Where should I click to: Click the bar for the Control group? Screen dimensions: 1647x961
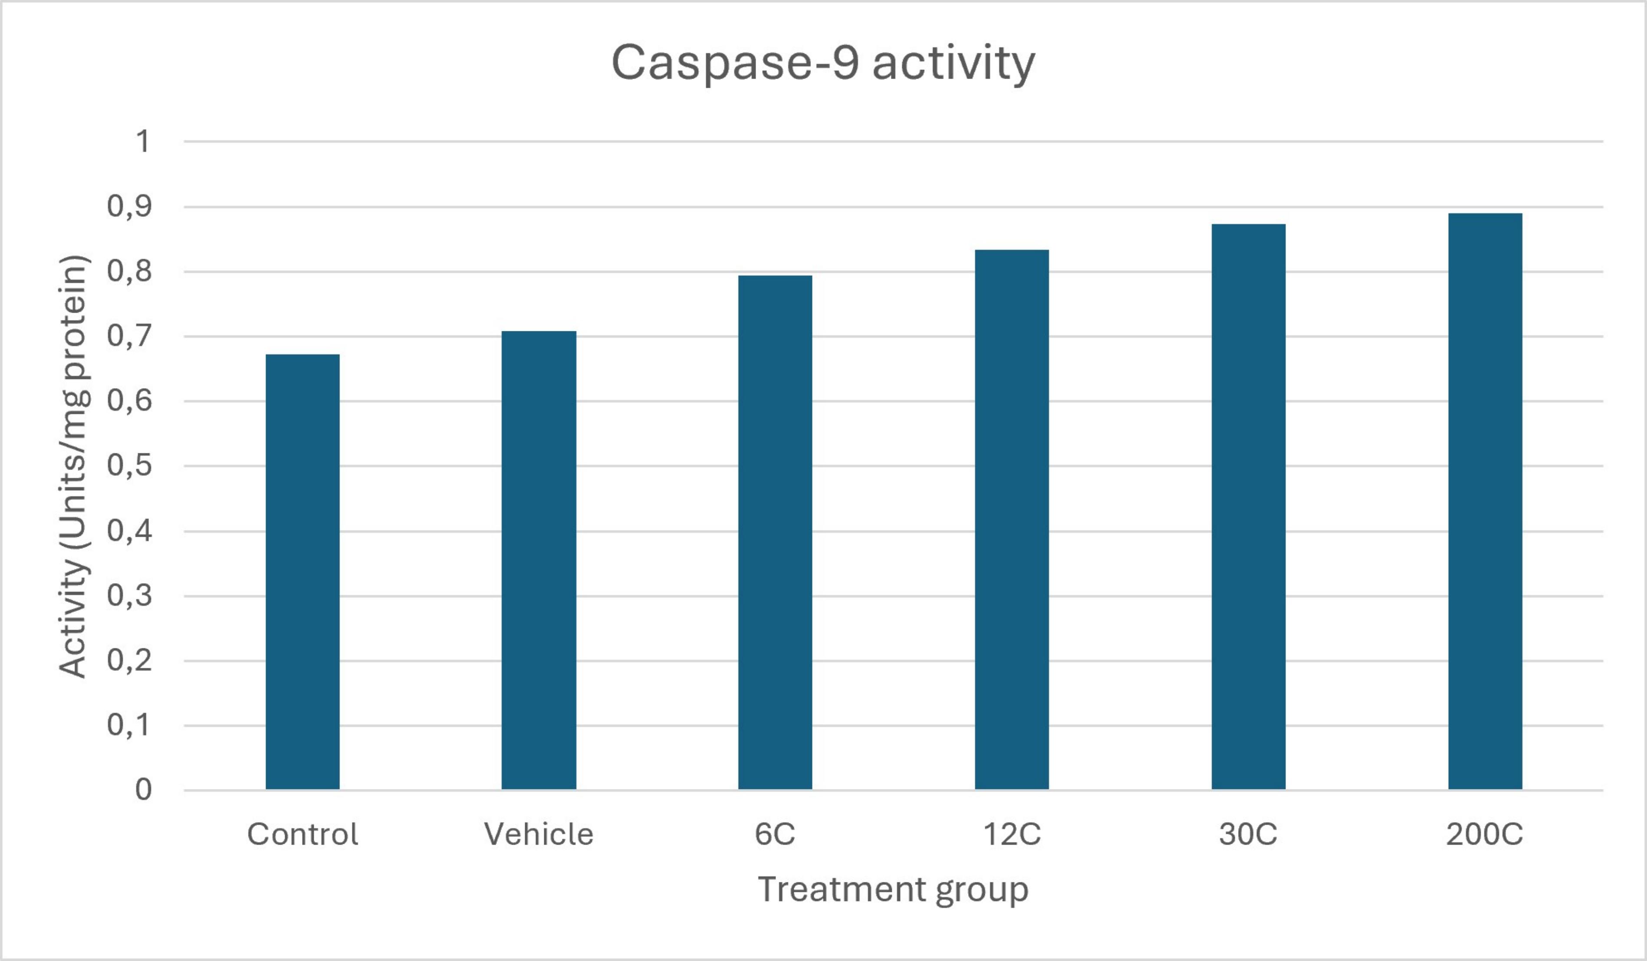302,572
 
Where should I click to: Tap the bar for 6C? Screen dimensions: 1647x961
775,533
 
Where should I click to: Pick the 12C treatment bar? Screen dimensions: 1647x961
1012,520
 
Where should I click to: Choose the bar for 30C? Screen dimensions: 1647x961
1248,507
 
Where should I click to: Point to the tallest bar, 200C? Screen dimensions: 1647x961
1485,502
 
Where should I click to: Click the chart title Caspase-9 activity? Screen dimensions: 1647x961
823,63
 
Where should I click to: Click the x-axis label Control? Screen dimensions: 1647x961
302,834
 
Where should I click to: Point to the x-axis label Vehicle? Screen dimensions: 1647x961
539,834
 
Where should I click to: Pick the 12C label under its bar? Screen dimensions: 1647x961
1012,834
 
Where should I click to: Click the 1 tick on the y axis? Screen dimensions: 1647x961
142,141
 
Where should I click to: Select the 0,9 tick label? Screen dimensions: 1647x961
129,207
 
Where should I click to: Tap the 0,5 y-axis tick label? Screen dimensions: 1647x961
129,466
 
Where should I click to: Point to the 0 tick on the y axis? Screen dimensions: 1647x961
143,790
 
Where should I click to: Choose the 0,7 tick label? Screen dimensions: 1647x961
129,336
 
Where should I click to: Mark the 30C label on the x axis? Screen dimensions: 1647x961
1248,834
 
